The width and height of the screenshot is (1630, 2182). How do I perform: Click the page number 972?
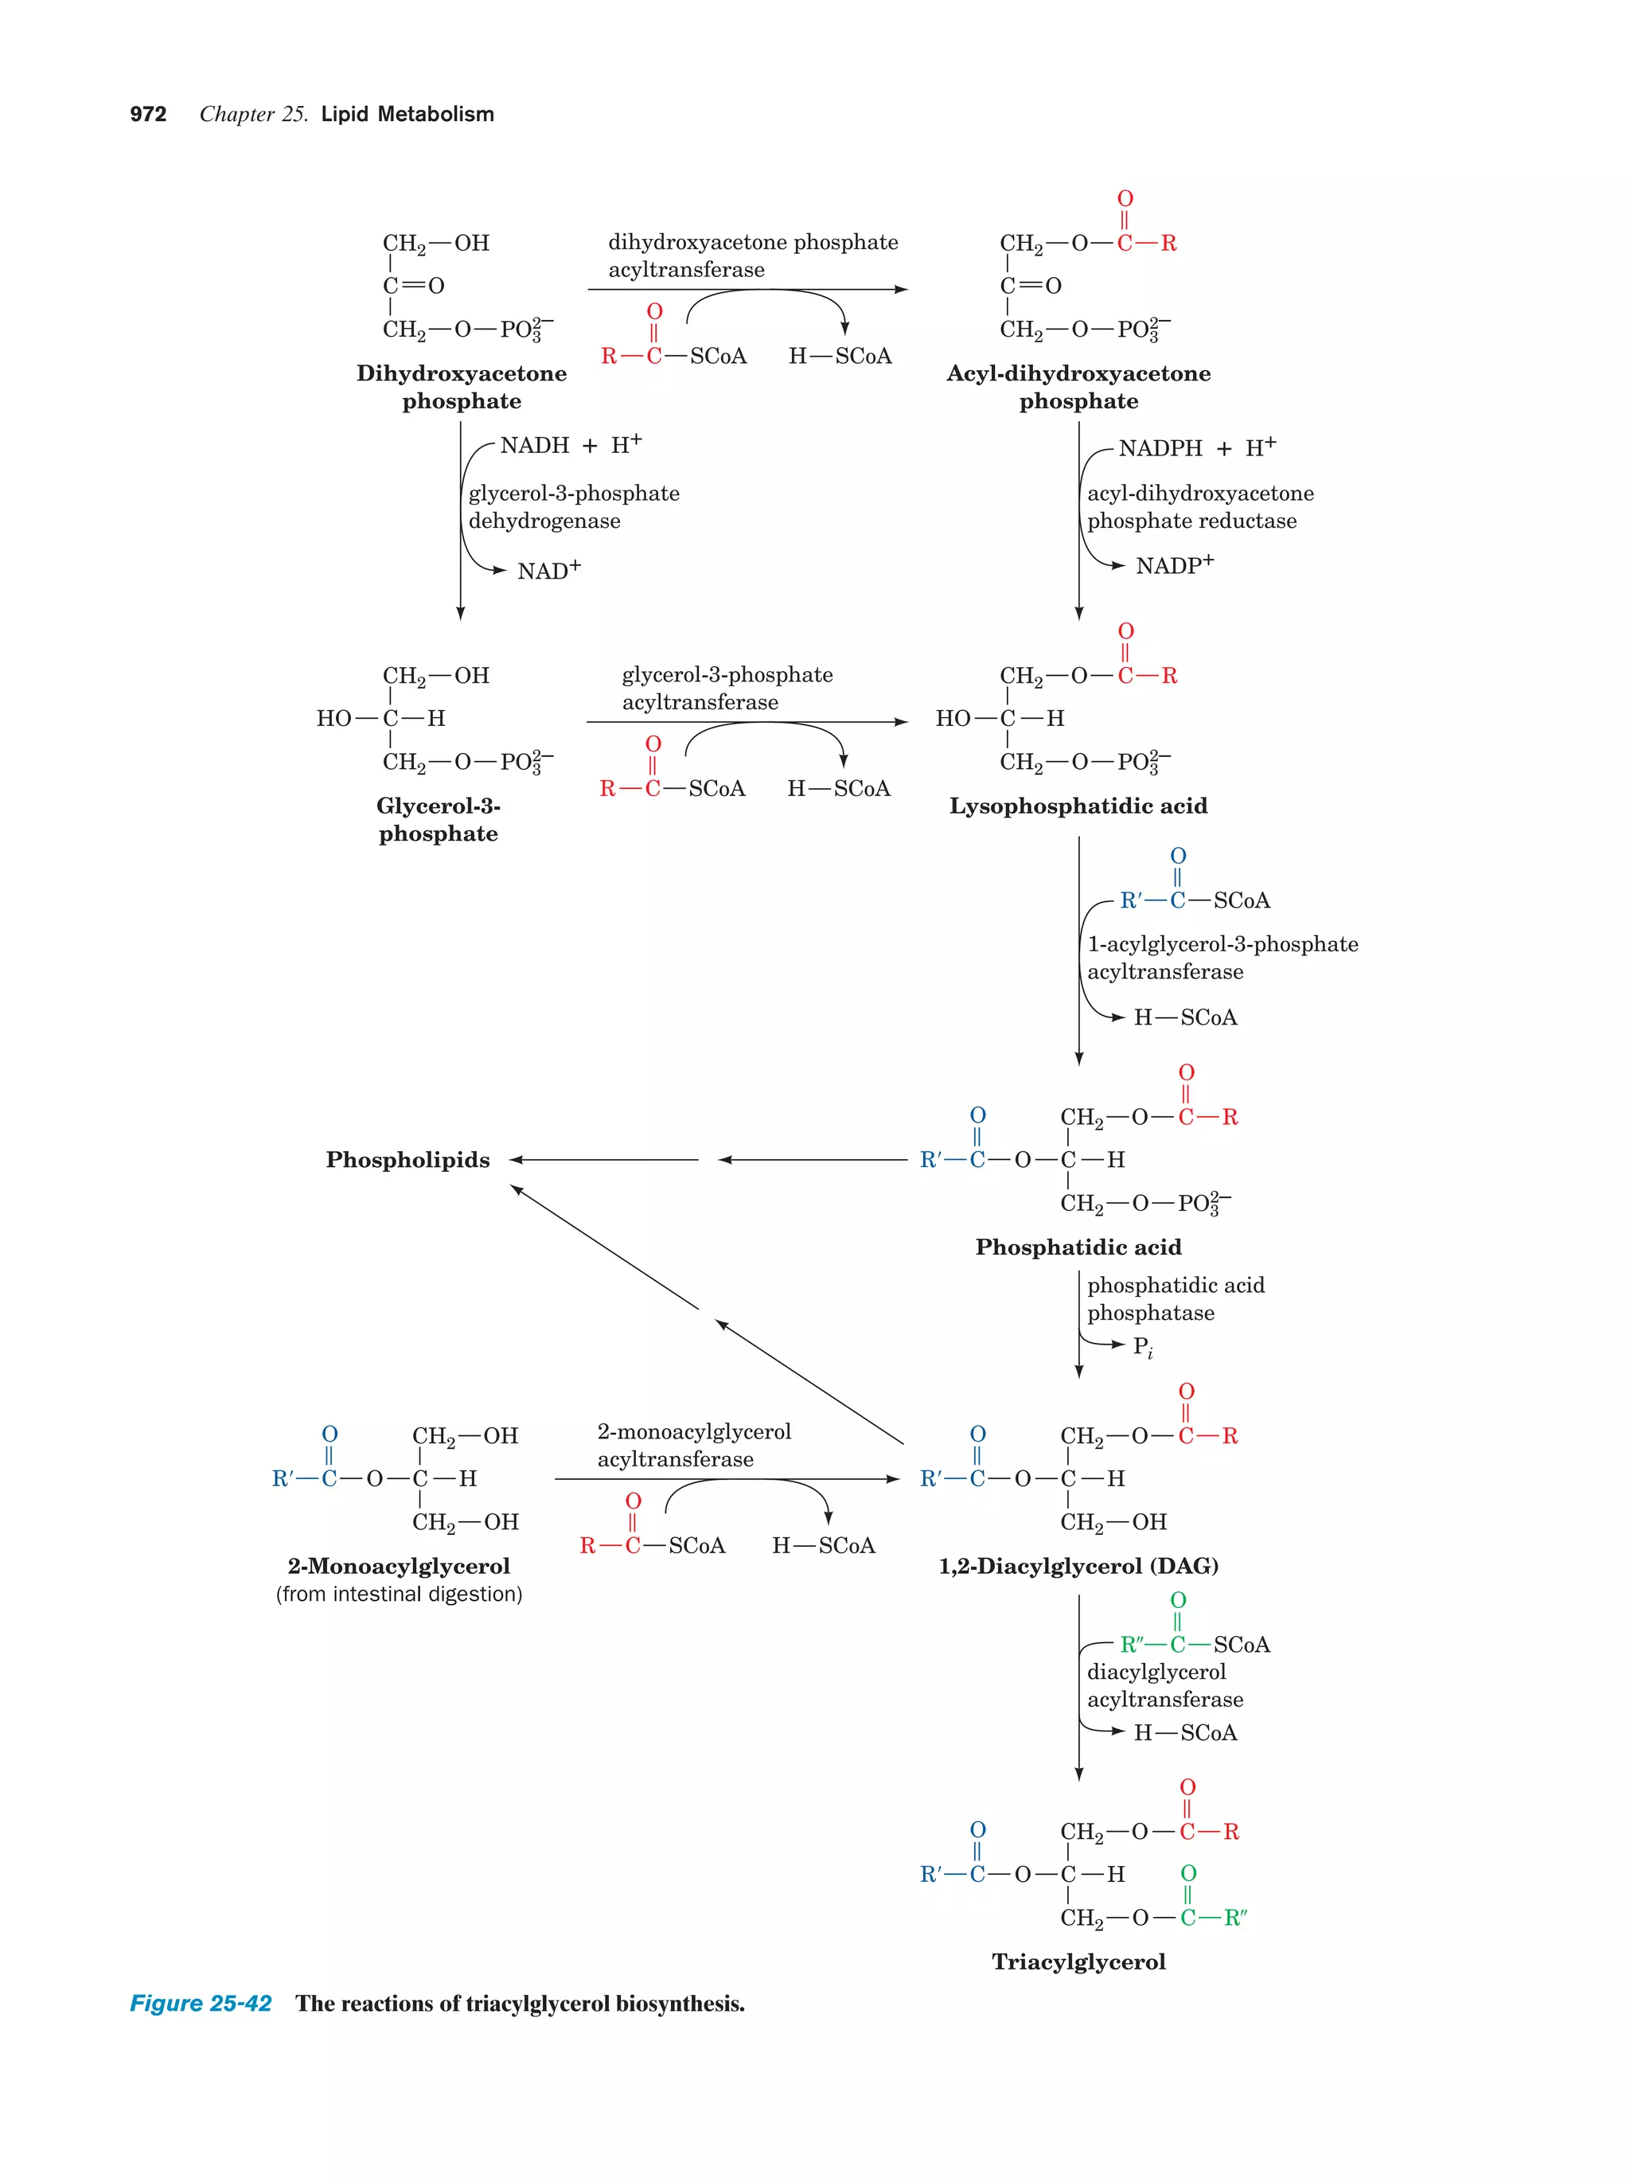(148, 115)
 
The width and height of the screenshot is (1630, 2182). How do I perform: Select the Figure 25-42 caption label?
(201, 2004)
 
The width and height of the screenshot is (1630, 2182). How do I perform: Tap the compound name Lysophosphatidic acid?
(1078, 806)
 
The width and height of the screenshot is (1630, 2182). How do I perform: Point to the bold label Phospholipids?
(407, 1160)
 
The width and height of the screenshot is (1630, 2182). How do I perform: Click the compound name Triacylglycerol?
(1078, 1962)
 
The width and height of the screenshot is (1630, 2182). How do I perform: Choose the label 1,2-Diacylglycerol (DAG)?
(1078, 1566)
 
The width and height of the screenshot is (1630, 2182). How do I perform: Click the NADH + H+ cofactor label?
(570, 445)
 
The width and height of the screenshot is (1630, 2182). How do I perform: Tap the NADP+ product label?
(1173, 565)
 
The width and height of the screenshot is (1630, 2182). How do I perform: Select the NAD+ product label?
(548, 571)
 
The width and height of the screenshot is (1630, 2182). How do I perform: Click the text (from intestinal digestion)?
(399, 1594)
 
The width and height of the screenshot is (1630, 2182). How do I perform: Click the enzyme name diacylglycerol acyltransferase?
(1164, 1686)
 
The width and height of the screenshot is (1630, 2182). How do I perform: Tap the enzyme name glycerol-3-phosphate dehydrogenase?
(573, 507)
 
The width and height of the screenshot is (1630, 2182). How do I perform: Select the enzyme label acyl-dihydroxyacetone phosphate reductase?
(1199, 507)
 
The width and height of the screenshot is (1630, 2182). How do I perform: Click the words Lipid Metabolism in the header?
(407, 115)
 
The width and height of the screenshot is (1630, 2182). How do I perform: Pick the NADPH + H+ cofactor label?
(1196, 448)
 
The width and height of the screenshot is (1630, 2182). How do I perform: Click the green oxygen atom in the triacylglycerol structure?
(1188, 1872)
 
